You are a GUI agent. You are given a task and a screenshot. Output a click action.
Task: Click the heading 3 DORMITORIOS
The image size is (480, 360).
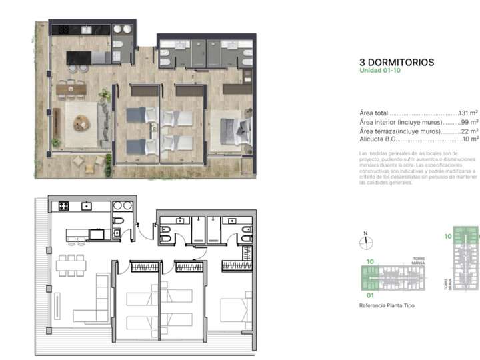click(x=396, y=63)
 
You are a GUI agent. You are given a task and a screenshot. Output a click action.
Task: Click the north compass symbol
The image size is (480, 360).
click(x=365, y=243)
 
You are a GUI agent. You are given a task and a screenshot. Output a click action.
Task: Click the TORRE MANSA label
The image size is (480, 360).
click(x=419, y=261)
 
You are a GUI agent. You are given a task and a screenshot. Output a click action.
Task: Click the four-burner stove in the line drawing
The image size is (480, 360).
click(x=65, y=206)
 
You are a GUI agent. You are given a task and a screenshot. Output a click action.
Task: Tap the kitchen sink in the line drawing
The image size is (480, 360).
click(x=87, y=207)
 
